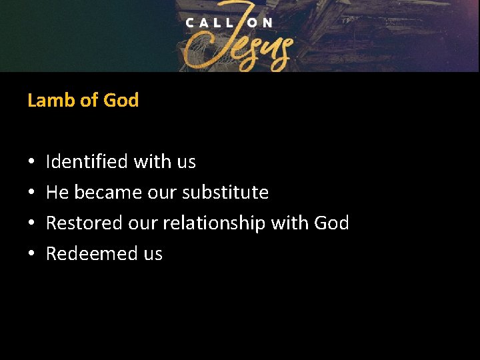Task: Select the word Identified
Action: click(87, 162)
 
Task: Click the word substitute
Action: click(225, 193)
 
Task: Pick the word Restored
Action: click(84, 223)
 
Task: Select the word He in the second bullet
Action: click(57, 193)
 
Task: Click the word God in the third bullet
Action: click(332, 223)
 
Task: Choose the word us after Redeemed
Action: click(153, 254)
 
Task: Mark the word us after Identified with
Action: click(186, 162)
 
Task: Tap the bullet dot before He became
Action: click(31, 193)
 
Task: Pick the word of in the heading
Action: click(88, 101)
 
